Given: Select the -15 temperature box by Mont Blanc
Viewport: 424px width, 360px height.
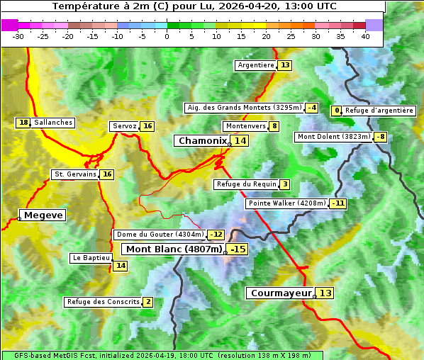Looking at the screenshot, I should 238,249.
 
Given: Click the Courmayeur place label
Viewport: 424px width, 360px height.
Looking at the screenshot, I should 281,293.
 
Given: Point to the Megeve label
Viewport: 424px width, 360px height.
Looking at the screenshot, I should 43,215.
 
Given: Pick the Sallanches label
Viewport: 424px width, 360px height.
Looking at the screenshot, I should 53,123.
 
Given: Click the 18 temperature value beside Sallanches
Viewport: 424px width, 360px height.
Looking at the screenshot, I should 23,123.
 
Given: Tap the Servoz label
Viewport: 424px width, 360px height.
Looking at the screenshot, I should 124,126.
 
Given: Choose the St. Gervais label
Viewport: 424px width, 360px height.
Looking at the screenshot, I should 74,174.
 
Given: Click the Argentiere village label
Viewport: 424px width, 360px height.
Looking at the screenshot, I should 256,65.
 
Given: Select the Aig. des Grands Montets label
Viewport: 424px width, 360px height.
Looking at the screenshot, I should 243,108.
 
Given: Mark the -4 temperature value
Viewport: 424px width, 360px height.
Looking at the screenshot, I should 312,108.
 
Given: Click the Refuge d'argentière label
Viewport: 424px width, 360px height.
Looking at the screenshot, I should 379,111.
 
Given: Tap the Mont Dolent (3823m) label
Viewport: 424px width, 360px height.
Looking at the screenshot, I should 334,137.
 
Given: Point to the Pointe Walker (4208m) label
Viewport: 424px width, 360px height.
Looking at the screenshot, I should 286,203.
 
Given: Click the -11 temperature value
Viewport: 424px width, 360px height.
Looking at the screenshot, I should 338,203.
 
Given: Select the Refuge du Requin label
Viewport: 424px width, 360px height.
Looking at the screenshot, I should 246,184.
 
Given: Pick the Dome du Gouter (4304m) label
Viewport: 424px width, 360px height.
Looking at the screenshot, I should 160,235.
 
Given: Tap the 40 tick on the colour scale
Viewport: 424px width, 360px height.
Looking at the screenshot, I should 365,36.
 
